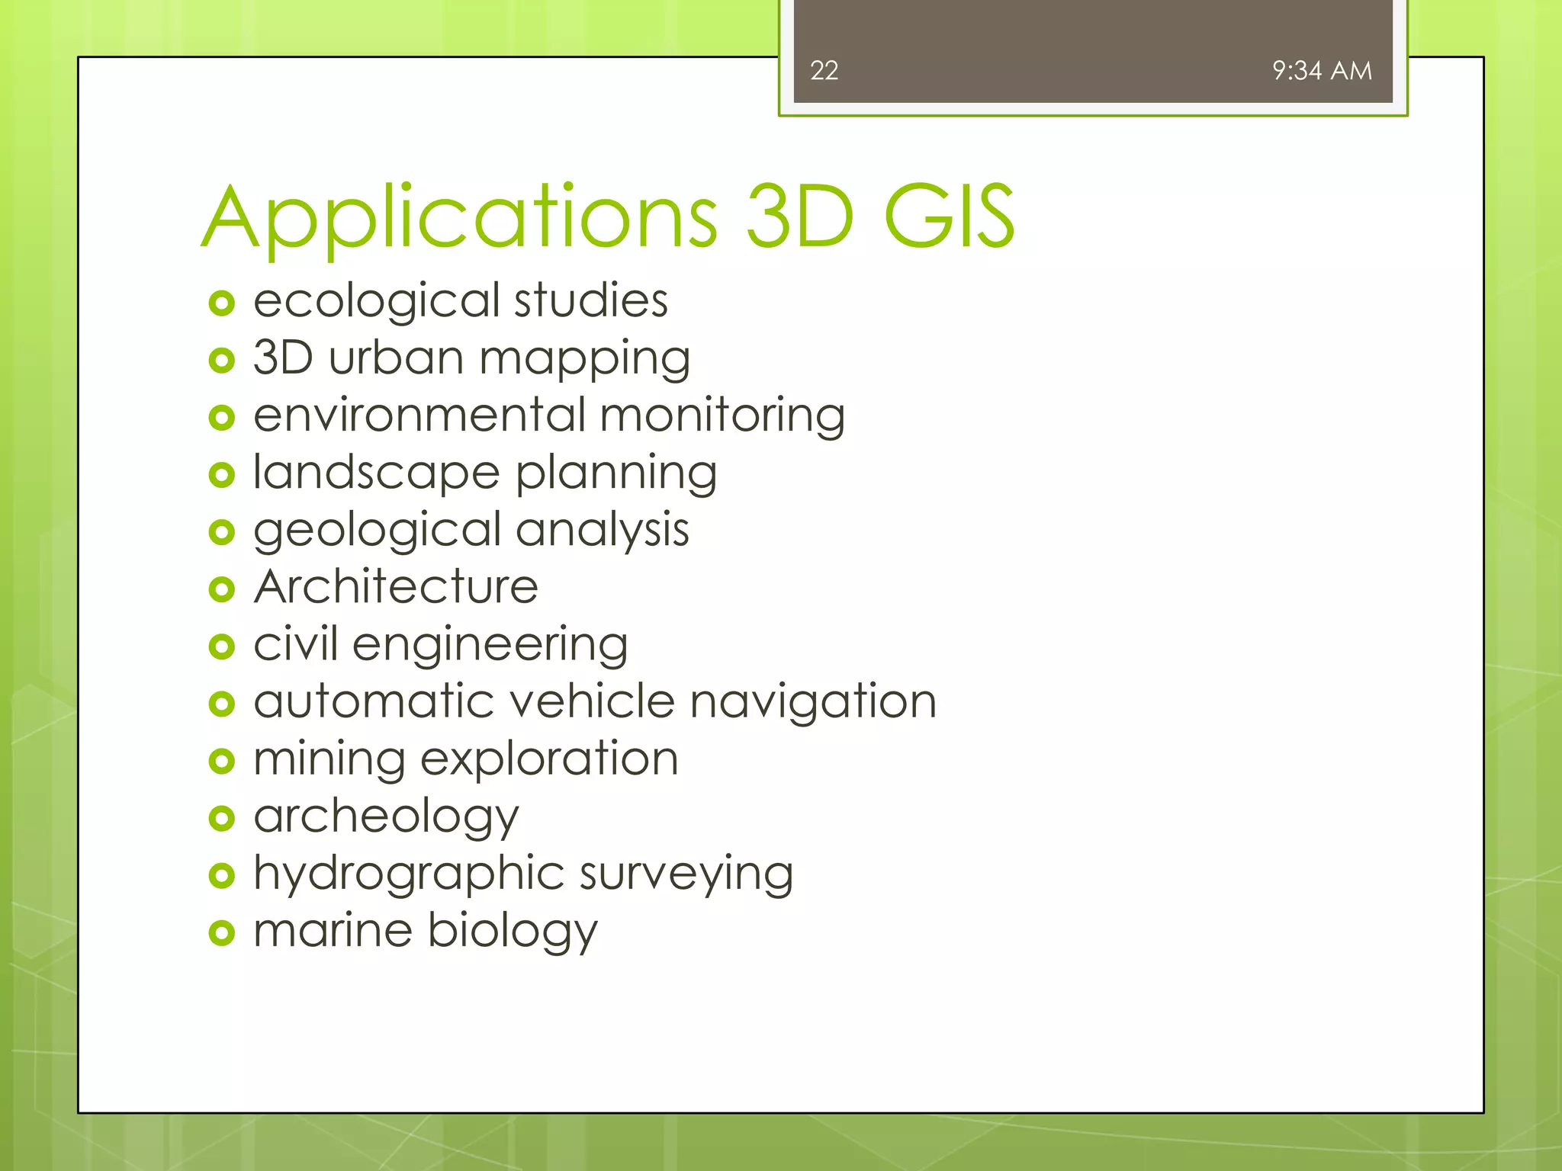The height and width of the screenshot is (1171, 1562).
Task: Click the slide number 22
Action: click(824, 71)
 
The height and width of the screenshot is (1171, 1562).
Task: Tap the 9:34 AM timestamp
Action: click(1322, 71)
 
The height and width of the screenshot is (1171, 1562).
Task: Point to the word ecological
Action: click(376, 301)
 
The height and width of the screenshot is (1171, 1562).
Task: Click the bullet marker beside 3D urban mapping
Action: click(221, 361)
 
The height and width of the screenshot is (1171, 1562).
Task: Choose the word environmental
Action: click(419, 415)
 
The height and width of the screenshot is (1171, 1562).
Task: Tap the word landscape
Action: click(376, 473)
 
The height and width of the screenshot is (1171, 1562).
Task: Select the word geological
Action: click(377, 531)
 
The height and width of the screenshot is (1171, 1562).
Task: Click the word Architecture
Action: click(396, 587)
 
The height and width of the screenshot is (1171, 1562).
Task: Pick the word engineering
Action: click(490, 646)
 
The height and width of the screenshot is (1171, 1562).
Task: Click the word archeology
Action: click(386, 817)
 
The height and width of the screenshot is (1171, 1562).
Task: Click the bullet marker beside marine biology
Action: click(221, 932)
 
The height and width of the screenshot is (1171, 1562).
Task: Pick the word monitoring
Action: click(722, 417)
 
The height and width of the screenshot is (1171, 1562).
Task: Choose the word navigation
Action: click(813, 702)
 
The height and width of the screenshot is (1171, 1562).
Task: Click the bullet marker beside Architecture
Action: click(221, 589)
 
